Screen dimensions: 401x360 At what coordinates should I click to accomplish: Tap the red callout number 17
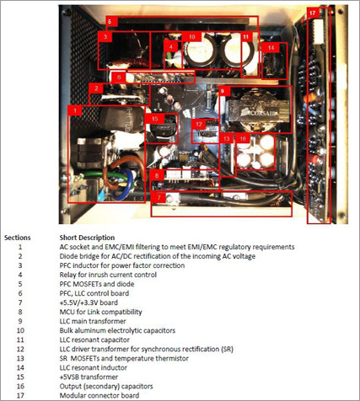[314, 14]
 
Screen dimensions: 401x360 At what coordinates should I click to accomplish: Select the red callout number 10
[191, 38]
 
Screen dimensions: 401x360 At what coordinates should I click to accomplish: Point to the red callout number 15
[153, 119]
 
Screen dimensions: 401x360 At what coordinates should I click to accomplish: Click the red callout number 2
[97, 88]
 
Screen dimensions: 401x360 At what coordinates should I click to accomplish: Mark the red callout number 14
[271, 48]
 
